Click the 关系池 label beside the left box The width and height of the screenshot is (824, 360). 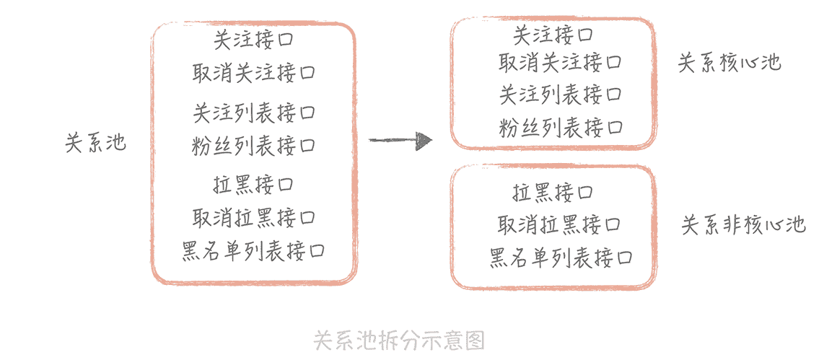(95, 143)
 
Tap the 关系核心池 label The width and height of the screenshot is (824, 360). (729, 63)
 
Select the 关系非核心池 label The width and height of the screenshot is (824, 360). (743, 226)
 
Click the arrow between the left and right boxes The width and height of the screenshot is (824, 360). (400, 140)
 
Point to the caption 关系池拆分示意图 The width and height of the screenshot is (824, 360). (399, 340)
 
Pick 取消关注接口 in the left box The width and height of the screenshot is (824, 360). (254, 73)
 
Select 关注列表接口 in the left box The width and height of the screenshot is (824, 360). (254, 113)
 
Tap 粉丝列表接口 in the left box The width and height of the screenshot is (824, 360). (254, 146)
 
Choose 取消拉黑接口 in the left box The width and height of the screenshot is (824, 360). (254, 217)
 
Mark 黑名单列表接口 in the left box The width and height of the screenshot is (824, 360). (253, 251)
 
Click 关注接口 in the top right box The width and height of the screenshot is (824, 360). (553, 34)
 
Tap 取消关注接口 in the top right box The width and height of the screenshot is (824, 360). (560, 63)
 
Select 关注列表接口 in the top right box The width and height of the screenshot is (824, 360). (560, 95)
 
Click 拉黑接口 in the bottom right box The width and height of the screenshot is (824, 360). (553, 193)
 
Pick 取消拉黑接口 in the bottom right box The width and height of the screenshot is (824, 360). (560, 224)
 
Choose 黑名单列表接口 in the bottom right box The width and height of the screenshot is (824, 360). (561, 258)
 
